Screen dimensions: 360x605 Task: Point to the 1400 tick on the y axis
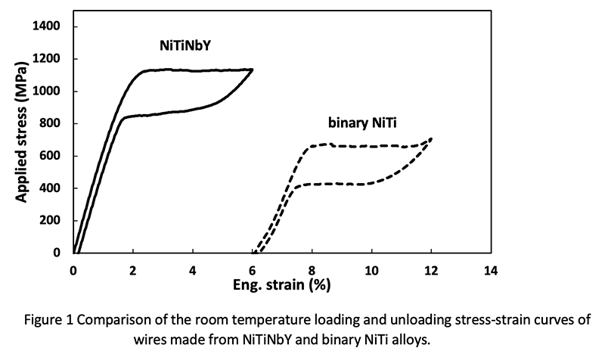[48, 26]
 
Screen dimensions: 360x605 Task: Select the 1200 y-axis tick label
[48, 59]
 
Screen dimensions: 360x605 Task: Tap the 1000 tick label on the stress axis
[48, 92]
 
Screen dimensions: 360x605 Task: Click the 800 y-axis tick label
[51, 124]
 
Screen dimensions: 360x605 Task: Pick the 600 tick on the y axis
[51, 156]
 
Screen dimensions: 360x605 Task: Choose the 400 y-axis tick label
[51, 188]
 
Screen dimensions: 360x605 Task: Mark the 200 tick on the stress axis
[51, 221]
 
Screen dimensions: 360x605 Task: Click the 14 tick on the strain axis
[492, 270]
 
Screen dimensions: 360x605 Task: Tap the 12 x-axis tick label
[432, 270]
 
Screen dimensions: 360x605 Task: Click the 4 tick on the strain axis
[193, 270]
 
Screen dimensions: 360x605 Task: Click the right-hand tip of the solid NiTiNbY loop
[252, 70]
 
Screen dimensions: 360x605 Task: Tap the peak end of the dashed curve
[431, 138]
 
